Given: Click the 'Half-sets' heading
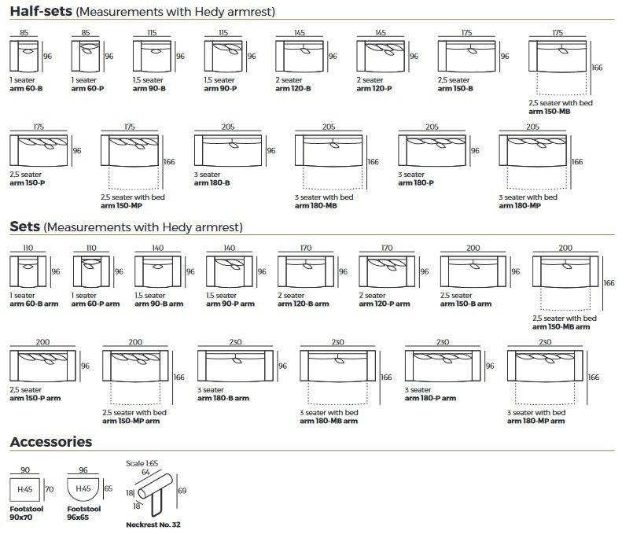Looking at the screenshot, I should point(42,12).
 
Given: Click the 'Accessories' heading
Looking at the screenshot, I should point(50,442).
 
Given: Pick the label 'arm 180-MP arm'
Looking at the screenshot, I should point(535,422).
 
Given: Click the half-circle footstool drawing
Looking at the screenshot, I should point(81,490).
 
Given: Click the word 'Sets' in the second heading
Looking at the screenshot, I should point(24,226).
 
